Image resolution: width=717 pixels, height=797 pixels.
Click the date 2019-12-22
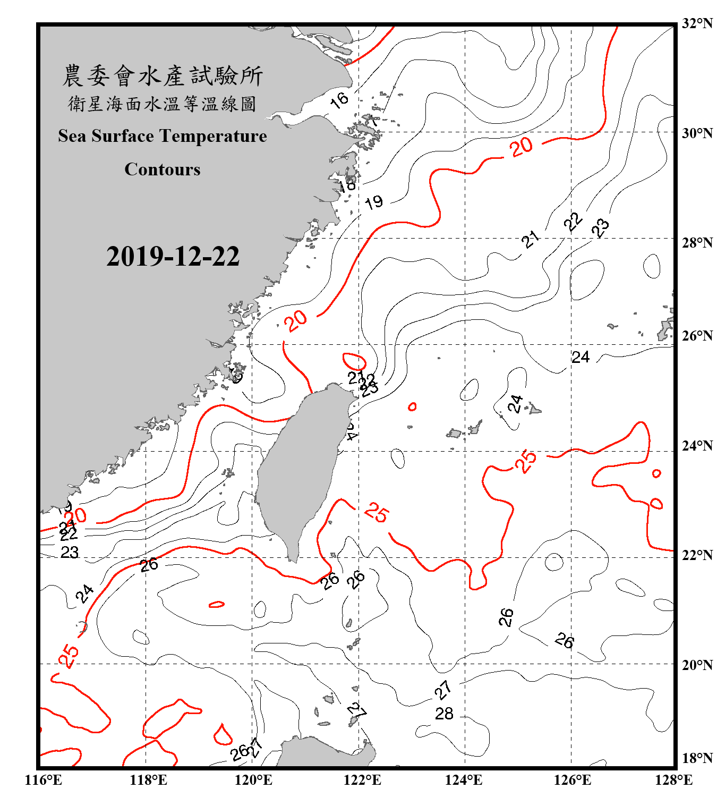(173, 256)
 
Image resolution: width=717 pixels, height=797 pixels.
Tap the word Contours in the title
(163, 169)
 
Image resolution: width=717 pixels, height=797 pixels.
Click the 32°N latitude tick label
(697, 23)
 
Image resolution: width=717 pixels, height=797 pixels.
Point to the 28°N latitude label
(697, 243)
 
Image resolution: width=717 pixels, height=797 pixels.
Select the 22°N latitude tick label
(697, 555)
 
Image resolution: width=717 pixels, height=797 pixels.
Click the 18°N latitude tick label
(697, 758)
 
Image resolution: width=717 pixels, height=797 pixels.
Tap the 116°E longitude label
(44, 780)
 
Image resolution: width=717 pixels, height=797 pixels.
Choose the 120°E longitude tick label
(254, 780)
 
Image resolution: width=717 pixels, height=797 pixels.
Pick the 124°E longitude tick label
(464, 780)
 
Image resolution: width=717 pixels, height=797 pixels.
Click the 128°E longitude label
(673, 780)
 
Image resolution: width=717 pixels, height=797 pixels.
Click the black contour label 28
(444, 714)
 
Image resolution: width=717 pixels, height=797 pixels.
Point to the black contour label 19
(374, 202)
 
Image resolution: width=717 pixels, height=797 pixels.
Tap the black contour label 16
(339, 99)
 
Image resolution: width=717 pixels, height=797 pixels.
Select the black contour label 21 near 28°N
(530, 239)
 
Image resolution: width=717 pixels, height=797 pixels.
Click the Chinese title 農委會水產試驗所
(163, 76)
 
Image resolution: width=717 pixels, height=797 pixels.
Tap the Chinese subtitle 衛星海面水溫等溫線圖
(163, 104)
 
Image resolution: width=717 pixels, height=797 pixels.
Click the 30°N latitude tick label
(697, 133)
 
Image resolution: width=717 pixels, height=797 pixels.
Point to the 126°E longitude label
(572, 780)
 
